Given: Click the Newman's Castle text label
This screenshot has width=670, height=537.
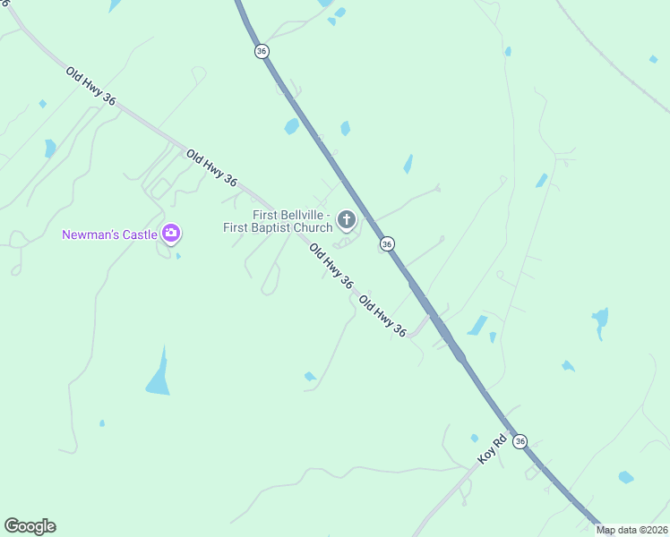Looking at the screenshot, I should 110,235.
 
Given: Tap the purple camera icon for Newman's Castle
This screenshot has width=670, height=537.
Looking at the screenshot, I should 171,234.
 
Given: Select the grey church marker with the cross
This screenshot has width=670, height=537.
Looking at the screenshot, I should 346,220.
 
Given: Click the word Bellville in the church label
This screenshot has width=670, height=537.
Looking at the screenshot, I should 304,216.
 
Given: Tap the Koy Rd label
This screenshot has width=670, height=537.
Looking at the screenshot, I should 492,447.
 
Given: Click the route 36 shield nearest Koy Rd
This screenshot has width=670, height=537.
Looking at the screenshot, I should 520,441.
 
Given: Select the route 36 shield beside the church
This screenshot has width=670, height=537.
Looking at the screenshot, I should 387,243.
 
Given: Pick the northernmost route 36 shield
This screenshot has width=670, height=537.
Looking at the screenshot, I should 262,51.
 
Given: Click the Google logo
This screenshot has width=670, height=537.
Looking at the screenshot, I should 30,526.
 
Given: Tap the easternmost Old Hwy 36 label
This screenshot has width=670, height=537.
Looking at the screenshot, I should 382,316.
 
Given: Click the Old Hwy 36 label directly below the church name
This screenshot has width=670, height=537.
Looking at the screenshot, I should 331,265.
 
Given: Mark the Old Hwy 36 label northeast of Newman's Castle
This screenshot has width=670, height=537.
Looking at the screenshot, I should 211,168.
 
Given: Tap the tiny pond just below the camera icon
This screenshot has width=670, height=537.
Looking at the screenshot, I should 177,256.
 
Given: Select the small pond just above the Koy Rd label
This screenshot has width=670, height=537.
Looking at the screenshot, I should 474,438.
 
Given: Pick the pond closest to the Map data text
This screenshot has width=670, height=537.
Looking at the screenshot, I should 625,478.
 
